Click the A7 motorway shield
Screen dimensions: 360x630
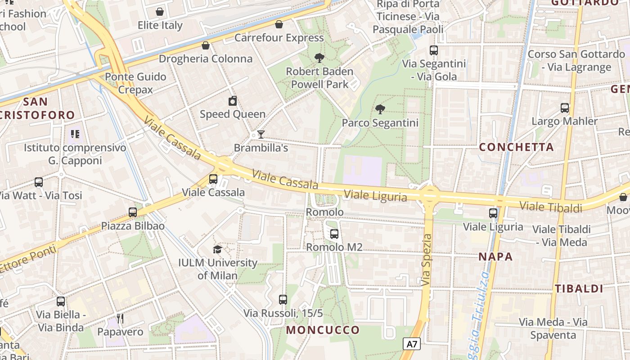pos(412,344)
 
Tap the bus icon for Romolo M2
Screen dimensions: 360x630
pos(334,234)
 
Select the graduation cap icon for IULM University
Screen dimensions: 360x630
pos(217,249)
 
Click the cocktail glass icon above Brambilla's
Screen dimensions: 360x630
pos(261,134)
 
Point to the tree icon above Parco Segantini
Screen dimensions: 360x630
pos(380,109)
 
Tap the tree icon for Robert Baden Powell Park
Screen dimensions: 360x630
pos(319,58)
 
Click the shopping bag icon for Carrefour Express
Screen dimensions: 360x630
pos(279,24)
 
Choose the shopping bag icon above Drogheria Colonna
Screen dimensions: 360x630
pos(206,45)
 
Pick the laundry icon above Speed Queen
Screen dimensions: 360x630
pos(233,101)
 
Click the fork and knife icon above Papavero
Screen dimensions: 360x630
pos(120,319)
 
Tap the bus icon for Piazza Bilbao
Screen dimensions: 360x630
pos(132,212)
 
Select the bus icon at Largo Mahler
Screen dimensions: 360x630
pos(565,108)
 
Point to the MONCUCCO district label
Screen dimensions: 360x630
pos(323,330)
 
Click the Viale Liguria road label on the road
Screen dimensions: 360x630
pos(375,196)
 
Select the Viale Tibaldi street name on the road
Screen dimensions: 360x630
pos(551,207)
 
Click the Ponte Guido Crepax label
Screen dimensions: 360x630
pos(135,83)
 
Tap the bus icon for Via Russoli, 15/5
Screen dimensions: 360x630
pos(283,299)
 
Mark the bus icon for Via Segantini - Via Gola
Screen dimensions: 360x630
pos(434,50)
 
